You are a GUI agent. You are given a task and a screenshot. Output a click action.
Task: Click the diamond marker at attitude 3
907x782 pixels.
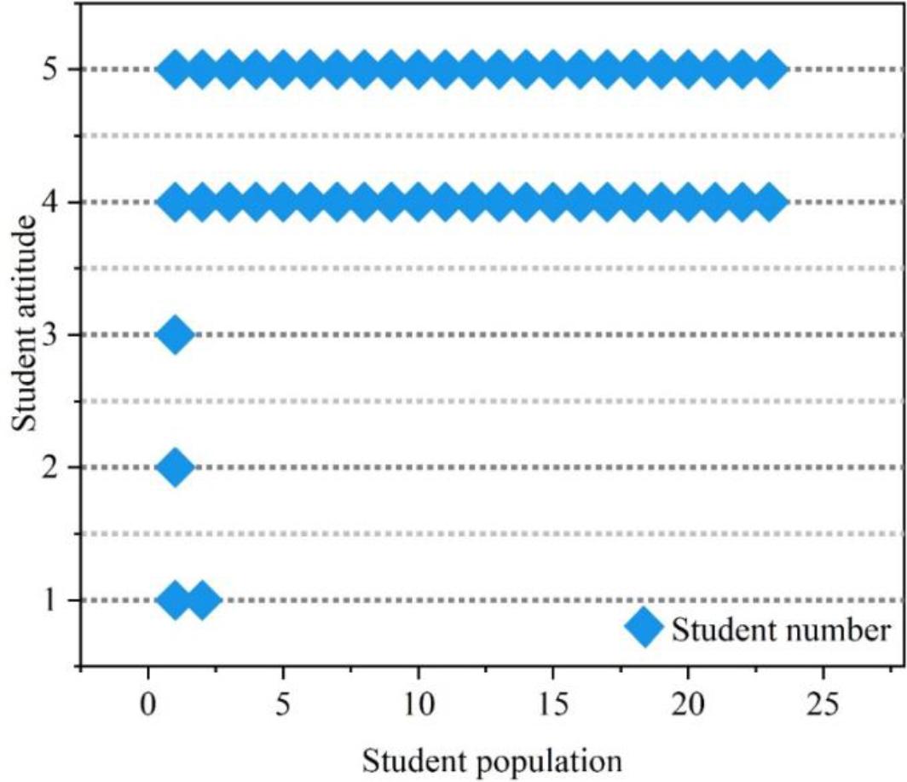coord(176,334)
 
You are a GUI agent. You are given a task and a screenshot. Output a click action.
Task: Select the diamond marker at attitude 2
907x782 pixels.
coord(176,467)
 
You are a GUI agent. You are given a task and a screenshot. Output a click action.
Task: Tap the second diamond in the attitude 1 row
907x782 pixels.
coord(203,600)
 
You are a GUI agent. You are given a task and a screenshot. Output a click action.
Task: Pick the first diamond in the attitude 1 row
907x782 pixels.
coord(176,600)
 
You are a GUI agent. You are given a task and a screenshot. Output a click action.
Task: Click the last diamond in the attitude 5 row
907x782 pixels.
coord(770,69)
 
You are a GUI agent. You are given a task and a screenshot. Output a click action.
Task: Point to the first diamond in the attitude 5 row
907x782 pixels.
coord(176,69)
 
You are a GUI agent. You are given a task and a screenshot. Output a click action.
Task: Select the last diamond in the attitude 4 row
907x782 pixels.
coord(770,202)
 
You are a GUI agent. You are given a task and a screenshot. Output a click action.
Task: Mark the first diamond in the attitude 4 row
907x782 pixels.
coord(176,202)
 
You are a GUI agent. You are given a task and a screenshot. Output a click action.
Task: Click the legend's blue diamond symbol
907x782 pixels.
coord(644,629)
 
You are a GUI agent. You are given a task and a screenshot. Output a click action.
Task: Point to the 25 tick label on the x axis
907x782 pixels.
coord(823,706)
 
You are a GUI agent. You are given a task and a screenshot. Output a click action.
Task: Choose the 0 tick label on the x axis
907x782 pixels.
coord(148,706)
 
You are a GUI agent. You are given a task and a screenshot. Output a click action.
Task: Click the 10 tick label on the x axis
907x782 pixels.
coord(418,706)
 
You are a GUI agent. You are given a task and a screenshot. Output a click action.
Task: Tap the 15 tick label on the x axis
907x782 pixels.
coord(552,706)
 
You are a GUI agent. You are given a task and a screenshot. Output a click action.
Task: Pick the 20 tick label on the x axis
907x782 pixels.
coord(688,706)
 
